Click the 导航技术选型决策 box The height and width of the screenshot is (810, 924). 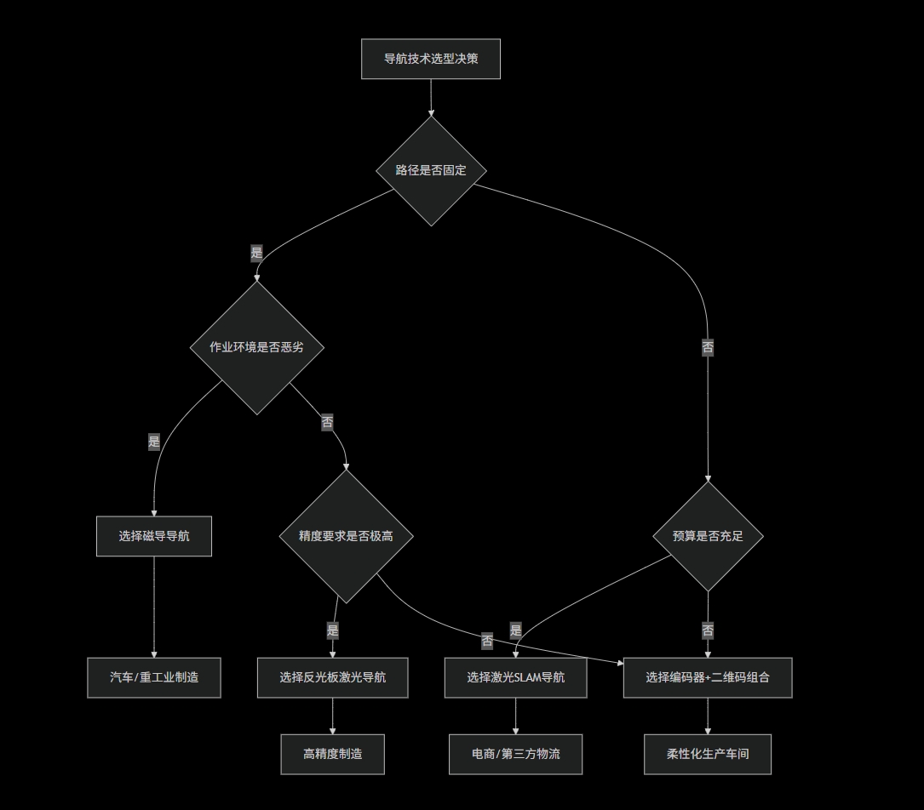[430, 59]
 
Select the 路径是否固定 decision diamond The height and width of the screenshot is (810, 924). [431, 170]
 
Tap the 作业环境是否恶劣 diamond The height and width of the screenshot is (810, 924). [256, 347]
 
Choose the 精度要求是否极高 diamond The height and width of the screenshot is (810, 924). [346, 536]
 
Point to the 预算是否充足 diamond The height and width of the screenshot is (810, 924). [708, 536]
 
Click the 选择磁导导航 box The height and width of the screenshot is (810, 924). [154, 536]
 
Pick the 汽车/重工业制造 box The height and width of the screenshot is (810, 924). [154, 677]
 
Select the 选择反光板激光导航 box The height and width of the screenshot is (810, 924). [332, 677]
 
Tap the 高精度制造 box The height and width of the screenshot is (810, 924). [332, 754]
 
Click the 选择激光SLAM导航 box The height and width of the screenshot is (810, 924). [515, 677]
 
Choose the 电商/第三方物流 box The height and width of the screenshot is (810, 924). [515, 754]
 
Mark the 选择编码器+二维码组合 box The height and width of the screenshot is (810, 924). [708, 677]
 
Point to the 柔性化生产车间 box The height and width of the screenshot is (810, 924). [708, 754]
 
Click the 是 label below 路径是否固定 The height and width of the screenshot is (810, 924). [256, 253]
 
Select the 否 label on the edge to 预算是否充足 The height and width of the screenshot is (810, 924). [708, 347]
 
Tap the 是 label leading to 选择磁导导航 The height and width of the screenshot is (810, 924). [154, 442]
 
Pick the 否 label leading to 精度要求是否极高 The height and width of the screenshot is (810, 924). [327, 422]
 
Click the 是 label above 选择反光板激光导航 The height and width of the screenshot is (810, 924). [332, 630]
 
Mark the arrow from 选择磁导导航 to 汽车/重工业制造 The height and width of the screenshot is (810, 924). [154, 607]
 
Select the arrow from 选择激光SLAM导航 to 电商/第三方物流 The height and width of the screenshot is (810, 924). [515, 716]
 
